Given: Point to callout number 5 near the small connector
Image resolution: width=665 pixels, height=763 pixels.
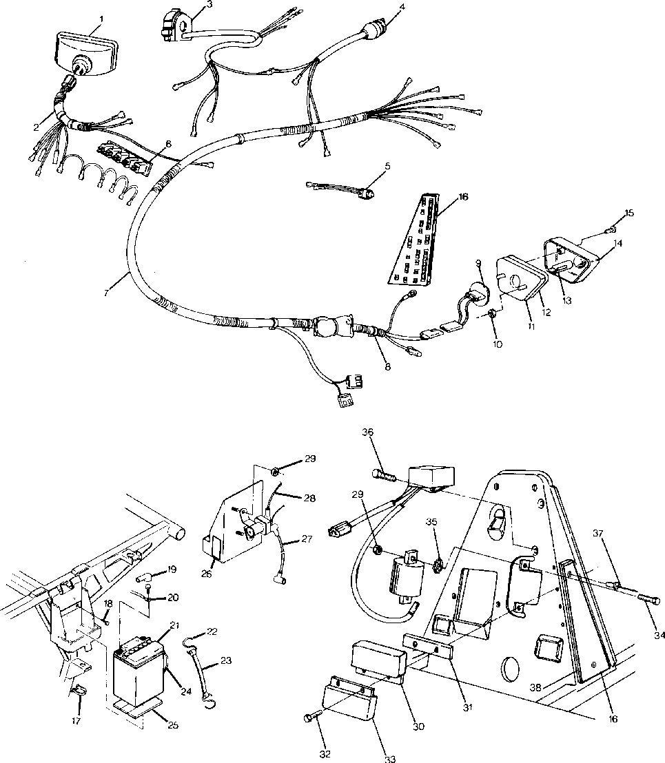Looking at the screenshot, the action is tap(387, 166).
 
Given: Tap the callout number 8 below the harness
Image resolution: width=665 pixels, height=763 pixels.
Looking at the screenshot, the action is tap(388, 367).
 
